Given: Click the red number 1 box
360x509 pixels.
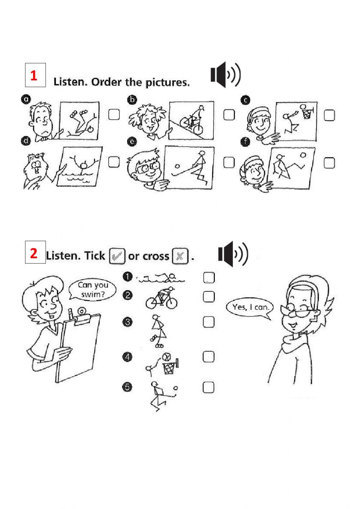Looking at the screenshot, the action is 35,75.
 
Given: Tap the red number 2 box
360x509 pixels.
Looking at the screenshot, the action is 35,252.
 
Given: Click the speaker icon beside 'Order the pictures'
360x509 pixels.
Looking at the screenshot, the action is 225,75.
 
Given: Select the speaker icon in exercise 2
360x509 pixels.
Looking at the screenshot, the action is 233,254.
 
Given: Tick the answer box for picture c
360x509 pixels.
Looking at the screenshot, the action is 329,115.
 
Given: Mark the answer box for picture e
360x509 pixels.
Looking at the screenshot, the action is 229,162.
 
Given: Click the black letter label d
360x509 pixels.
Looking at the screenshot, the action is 26,141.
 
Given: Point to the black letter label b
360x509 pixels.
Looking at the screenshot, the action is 132,100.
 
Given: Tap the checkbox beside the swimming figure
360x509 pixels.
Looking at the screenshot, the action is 209,277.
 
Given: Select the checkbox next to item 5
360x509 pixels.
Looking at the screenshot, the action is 208,387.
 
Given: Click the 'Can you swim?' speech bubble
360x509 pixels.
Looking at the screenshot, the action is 93,290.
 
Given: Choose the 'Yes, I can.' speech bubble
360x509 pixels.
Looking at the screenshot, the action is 250,308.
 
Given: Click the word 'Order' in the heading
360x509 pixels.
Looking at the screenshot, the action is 106,82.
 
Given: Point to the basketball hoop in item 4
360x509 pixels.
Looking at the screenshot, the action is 170,367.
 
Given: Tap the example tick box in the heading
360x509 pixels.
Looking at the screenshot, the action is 117,256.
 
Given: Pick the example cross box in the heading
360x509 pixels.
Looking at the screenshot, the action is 180,256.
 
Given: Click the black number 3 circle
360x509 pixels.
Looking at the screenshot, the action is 127,322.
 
